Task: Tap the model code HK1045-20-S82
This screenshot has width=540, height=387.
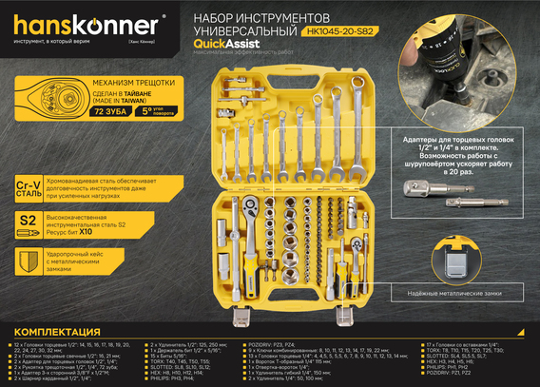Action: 343,30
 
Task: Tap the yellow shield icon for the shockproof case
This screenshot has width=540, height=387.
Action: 29,260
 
